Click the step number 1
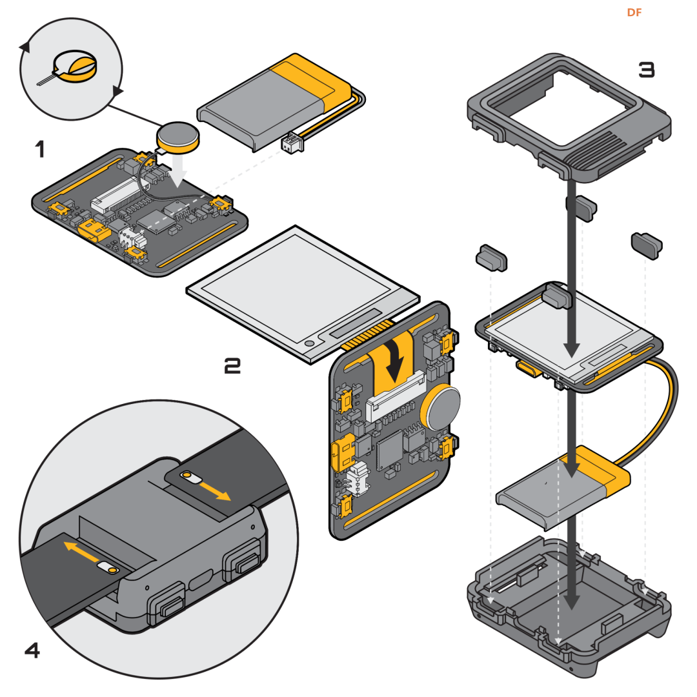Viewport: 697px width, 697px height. click(40, 150)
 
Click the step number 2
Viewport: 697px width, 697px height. click(232, 367)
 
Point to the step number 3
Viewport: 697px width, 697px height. click(646, 70)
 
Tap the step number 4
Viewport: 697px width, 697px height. click(32, 651)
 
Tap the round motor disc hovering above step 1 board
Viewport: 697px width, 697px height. click(179, 136)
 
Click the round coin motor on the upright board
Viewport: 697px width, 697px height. click(440, 407)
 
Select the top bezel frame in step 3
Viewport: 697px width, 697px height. click(568, 110)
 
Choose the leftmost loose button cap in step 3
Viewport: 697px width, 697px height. click(491, 258)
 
